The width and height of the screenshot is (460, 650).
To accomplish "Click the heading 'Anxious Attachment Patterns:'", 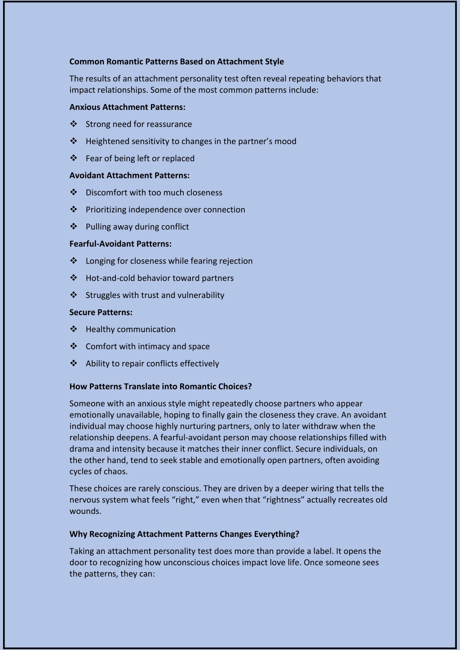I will pos(127,107).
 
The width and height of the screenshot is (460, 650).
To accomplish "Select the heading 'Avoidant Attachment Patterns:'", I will pos(129,175).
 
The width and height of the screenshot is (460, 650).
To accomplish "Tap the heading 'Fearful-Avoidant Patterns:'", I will pos(120,244).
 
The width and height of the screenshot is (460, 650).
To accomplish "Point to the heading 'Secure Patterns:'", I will pos(101,312).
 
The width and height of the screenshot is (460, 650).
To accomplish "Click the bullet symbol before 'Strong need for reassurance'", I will pos(74,124).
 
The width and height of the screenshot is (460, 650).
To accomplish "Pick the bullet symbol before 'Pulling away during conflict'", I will pos(74,226).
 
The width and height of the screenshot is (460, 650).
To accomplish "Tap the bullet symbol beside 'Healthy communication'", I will pos(74,329).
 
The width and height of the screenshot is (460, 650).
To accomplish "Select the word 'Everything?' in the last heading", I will pos(277,534).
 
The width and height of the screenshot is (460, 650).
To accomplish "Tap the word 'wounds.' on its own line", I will pos(85,511).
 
